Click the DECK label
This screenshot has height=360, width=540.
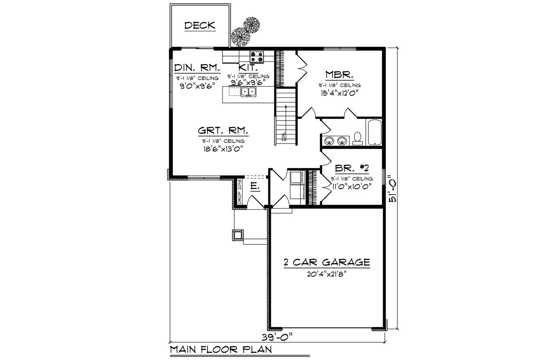tap(200, 26)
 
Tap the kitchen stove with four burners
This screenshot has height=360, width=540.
tap(256, 57)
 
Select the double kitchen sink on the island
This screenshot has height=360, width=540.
tap(248, 92)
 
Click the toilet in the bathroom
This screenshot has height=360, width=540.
tap(358, 138)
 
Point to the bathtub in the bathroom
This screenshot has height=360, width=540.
tap(374, 133)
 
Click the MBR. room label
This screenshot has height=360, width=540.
tap(339, 75)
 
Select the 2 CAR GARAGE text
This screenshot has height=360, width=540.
tap(327, 263)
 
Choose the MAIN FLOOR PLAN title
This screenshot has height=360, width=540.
tap(220, 349)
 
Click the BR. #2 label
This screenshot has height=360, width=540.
tap(351, 168)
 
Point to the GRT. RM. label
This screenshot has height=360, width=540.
tap(222, 130)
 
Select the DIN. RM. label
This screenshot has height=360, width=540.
tap(197, 68)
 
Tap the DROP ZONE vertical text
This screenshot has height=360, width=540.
tap(239, 192)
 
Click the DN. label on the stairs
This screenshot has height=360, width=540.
tap(284, 136)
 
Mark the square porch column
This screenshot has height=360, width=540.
tap(238, 235)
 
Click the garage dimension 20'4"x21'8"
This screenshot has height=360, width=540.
tap(327, 273)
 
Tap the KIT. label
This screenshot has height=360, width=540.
tap(246, 68)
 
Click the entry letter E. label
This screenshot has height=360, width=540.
tap(254, 186)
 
